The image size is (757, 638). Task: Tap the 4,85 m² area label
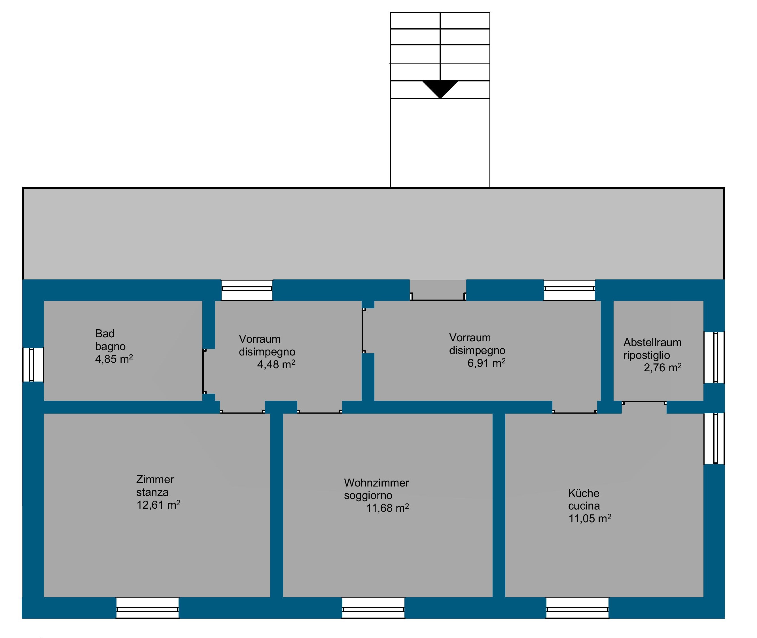point(114,359)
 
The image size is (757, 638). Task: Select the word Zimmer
point(155,480)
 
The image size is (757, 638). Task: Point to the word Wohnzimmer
point(376,483)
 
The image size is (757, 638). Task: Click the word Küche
point(584,493)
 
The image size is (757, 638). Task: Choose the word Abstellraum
point(652,342)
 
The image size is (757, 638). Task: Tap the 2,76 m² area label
point(662,368)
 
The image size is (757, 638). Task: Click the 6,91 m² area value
point(486,363)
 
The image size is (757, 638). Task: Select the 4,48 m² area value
point(276,365)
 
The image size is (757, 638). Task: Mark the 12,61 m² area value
point(158,505)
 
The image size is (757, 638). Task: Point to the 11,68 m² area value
point(387,508)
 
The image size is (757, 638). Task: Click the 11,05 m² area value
point(590,519)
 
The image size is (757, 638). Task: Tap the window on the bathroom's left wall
point(33,365)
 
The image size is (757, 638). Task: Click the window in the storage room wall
point(714,357)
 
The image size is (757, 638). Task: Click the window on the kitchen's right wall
point(714,439)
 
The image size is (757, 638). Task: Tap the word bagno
point(110,346)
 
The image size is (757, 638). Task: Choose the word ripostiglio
point(646,355)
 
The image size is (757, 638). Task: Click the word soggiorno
point(368,496)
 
